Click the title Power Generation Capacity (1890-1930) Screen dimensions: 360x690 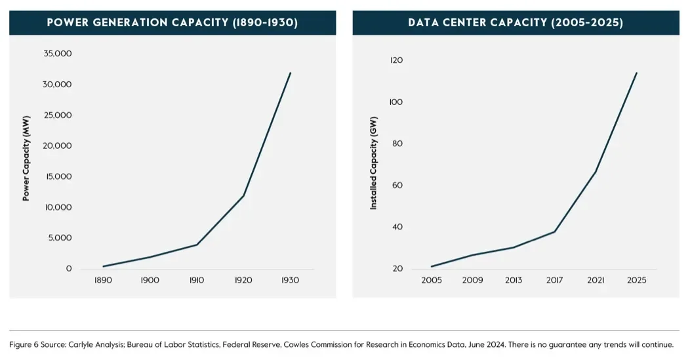(172, 23)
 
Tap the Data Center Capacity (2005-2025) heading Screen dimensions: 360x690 (516, 23)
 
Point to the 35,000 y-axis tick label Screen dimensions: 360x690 (58, 54)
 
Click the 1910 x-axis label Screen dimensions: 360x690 (197, 280)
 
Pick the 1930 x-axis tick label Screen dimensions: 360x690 (290, 280)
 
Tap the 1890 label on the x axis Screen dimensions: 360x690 (104, 280)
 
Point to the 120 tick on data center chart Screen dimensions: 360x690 (396, 60)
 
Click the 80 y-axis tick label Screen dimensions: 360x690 (396, 144)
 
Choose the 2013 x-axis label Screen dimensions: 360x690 (514, 280)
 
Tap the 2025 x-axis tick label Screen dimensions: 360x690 (636, 280)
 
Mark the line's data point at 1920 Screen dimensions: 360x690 (244, 195)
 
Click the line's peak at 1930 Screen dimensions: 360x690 (290, 73)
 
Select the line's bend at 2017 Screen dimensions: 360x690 (555, 231)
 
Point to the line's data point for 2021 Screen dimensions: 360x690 (596, 172)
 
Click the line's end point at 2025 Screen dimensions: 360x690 (636, 73)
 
